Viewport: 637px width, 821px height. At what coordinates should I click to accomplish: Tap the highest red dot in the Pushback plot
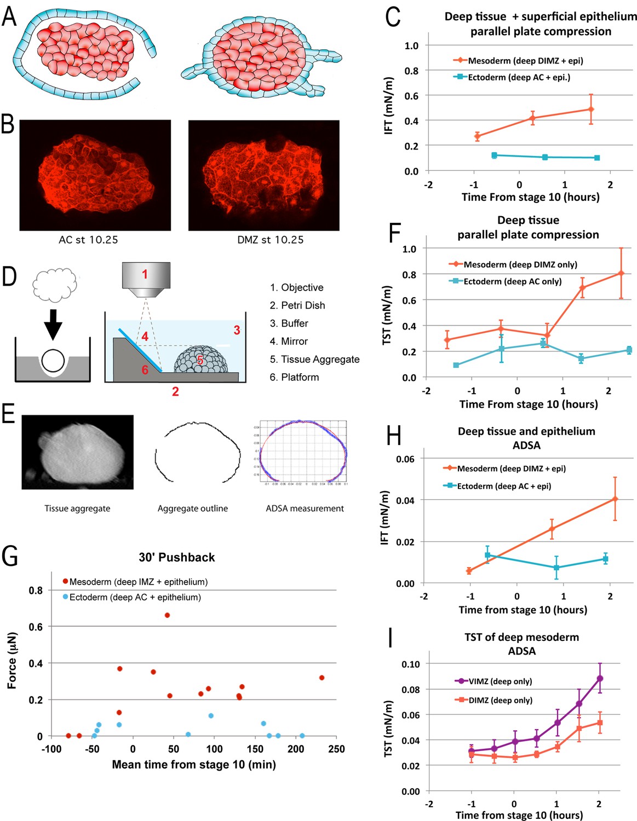click(x=167, y=615)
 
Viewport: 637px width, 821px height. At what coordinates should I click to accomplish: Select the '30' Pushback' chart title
click(x=176, y=557)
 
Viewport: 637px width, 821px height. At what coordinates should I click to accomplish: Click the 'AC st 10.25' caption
click(x=88, y=240)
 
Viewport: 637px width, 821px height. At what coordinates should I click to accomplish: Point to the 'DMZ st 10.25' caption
click(x=270, y=240)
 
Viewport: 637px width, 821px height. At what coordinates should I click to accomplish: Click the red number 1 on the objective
click(x=145, y=274)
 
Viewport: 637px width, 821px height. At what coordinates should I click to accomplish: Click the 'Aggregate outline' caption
click(x=193, y=508)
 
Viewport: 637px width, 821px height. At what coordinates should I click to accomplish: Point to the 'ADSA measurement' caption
click(x=305, y=508)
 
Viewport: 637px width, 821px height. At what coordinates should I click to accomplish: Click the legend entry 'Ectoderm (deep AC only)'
click(x=512, y=281)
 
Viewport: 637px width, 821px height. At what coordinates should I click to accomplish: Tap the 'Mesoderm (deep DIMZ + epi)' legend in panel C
click(x=525, y=61)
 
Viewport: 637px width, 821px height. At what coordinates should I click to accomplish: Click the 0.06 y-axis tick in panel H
click(x=405, y=459)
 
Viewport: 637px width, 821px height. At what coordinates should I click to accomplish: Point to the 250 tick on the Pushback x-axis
click(x=336, y=749)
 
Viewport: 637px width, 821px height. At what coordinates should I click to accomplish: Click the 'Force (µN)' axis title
click(x=12, y=660)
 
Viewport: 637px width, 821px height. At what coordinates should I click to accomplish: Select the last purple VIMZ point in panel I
click(x=600, y=679)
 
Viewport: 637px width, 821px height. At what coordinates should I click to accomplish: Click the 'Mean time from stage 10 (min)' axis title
click(x=194, y=765)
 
